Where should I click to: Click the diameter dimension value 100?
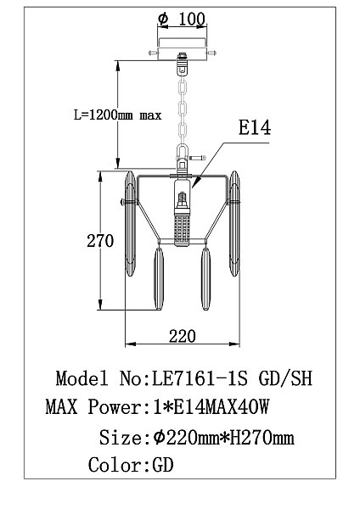(192, 19)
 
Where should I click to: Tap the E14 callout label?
(255, 127)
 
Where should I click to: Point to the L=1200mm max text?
(118, 115)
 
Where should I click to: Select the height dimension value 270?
(100, 241)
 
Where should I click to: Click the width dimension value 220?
(183, 336)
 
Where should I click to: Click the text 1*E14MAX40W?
(211, 406)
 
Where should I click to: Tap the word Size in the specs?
(121, 437)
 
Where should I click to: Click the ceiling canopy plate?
(183, 53)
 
